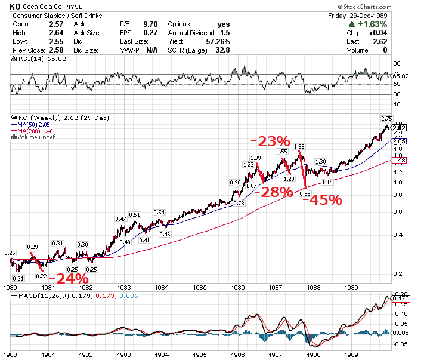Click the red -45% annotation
tap(323, 199)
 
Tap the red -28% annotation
tap(273, 192)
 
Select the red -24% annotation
tap(69, 278)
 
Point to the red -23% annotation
tap(270, 141)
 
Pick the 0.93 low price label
tap(304, 194)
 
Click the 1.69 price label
tap(299, 146)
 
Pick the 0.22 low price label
tap(41, 276)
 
